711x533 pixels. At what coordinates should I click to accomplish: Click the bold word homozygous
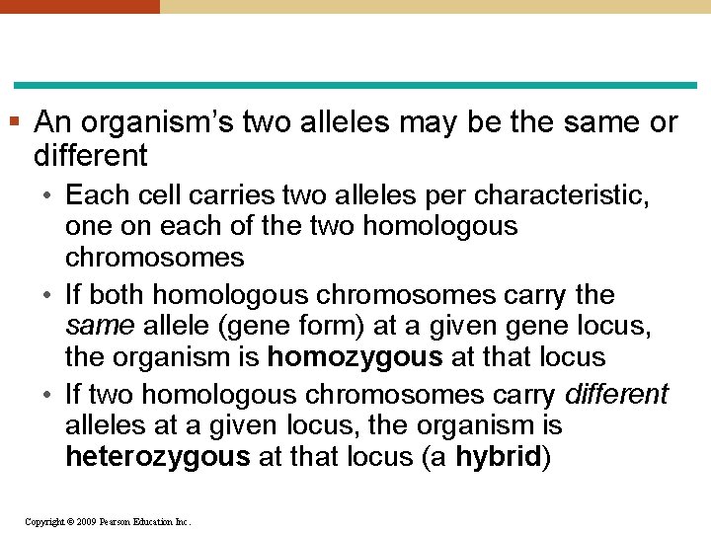[352, 356]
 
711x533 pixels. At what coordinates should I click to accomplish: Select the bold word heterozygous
[157, 457]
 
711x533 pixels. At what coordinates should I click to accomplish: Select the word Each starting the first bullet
[95, 194]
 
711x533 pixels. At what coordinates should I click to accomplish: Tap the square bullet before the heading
[15, 122]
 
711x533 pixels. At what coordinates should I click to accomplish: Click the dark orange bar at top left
[79, 6]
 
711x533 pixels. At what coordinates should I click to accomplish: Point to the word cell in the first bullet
[153, 194]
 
